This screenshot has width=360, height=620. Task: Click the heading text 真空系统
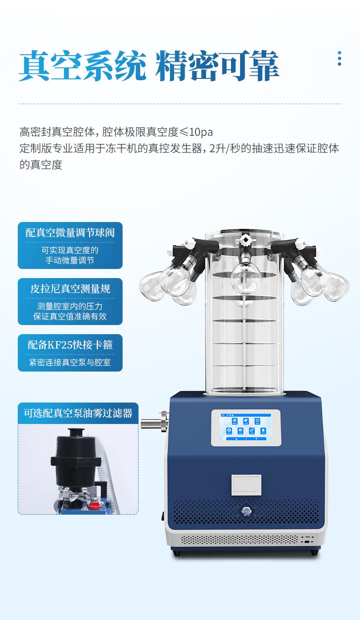[82, 67]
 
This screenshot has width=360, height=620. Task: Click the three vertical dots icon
[339, 58]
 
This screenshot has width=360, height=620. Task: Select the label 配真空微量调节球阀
[70, 233]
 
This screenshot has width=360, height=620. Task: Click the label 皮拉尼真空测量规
[70, 289]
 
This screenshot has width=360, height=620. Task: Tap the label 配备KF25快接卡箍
[70, 345]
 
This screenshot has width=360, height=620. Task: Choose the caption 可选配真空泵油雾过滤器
[78, 413]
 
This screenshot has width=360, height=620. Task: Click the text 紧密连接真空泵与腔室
[70, 363]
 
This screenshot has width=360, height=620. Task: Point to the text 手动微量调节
[70, 261]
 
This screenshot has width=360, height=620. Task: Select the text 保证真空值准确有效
[70, 316]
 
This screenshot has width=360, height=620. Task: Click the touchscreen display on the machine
[246, 427]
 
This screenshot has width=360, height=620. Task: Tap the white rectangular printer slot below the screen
[246, 485]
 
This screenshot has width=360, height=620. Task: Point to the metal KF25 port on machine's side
[154, 423]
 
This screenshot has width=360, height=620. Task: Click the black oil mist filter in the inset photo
[72, 458]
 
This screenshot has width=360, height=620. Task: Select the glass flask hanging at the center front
[245, 277]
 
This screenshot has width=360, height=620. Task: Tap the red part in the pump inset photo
[94, 506]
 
